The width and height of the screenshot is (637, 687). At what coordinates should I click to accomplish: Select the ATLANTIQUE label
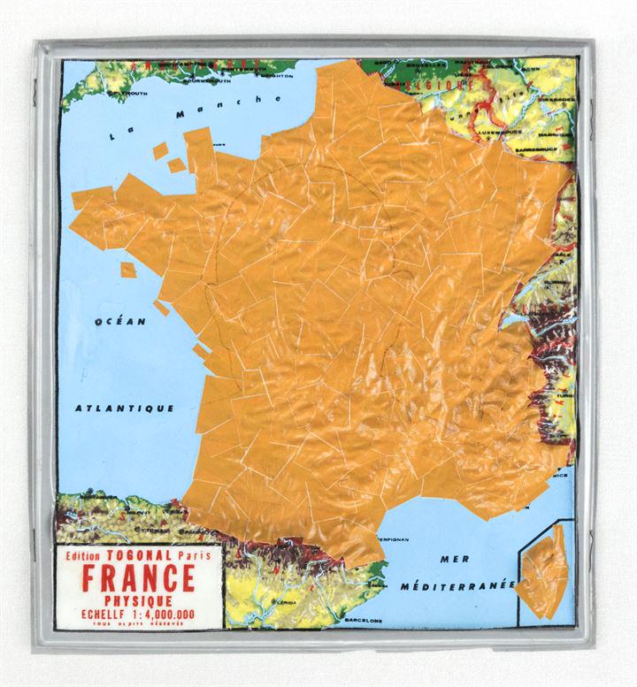click(x=124, y=408)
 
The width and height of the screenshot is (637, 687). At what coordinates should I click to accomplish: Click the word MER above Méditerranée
click(x=454, y=559)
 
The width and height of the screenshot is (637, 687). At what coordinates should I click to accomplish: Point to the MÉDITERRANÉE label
click(x=457, y=586)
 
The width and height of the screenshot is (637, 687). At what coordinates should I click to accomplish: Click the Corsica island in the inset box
click(x=542, y=579)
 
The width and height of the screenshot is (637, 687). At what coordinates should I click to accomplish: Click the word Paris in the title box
click(x=198, y=559)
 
